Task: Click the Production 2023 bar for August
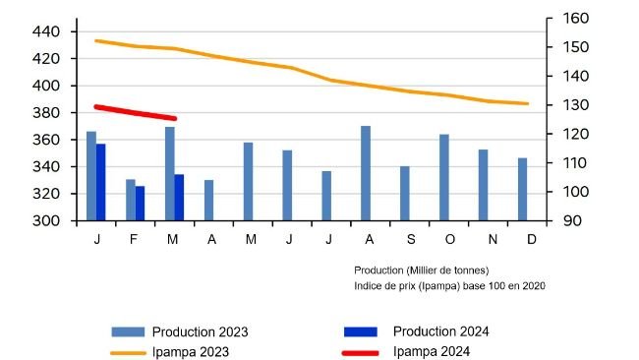(366, 173)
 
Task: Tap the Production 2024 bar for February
(140, 203)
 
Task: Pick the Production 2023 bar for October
(444, 177)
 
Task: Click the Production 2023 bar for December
(522, 189)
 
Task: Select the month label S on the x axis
(410, 239)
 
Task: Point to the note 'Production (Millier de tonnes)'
(421, 270)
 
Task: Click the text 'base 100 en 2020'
(503, 285)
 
